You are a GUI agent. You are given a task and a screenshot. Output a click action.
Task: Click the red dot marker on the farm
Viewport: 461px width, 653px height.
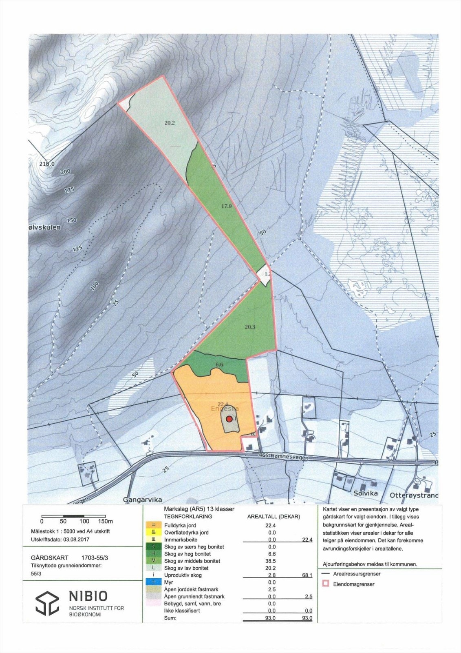pos(229,419)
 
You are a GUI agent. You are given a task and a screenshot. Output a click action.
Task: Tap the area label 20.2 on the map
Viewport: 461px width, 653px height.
pos(170,123)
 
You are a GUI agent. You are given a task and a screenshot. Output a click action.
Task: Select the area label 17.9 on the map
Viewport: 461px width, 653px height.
pos(226,206)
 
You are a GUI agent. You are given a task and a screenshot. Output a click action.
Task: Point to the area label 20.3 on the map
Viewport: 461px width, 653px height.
pos(250,327)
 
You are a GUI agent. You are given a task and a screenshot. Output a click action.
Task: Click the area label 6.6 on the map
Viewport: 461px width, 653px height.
pos(219,364)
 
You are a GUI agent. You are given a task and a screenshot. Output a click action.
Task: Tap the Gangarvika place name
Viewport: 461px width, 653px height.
pos(142,500)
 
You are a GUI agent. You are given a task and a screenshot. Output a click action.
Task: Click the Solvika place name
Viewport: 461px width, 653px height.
pos(365,493)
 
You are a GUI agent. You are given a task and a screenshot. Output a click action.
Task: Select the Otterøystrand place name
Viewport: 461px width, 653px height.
pos(414,495)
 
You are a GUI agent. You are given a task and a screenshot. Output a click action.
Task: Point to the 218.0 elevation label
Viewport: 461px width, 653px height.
pos(47,164)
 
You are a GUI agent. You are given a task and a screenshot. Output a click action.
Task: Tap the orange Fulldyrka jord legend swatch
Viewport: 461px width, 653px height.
pos(153,525)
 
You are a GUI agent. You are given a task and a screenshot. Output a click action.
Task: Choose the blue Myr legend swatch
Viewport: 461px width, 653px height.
pos(153,582)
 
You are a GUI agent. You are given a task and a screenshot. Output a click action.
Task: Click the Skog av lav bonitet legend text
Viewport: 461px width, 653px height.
pos(186,568)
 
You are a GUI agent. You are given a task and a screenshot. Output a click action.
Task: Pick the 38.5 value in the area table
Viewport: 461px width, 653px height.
pos(272,561)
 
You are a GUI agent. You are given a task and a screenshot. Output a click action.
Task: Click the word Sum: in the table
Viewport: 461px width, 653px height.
pos(170,618)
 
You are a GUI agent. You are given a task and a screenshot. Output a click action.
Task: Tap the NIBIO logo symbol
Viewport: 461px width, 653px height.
pos(47,603)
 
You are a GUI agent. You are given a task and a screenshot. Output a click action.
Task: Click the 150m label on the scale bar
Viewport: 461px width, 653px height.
pos(105,521)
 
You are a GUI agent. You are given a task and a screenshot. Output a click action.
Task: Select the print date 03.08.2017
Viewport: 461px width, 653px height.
pos(76,539)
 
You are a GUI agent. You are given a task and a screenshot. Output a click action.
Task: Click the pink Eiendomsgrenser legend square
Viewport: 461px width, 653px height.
pos(326,584)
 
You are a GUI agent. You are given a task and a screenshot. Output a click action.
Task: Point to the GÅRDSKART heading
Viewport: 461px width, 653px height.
pos(49,557)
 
